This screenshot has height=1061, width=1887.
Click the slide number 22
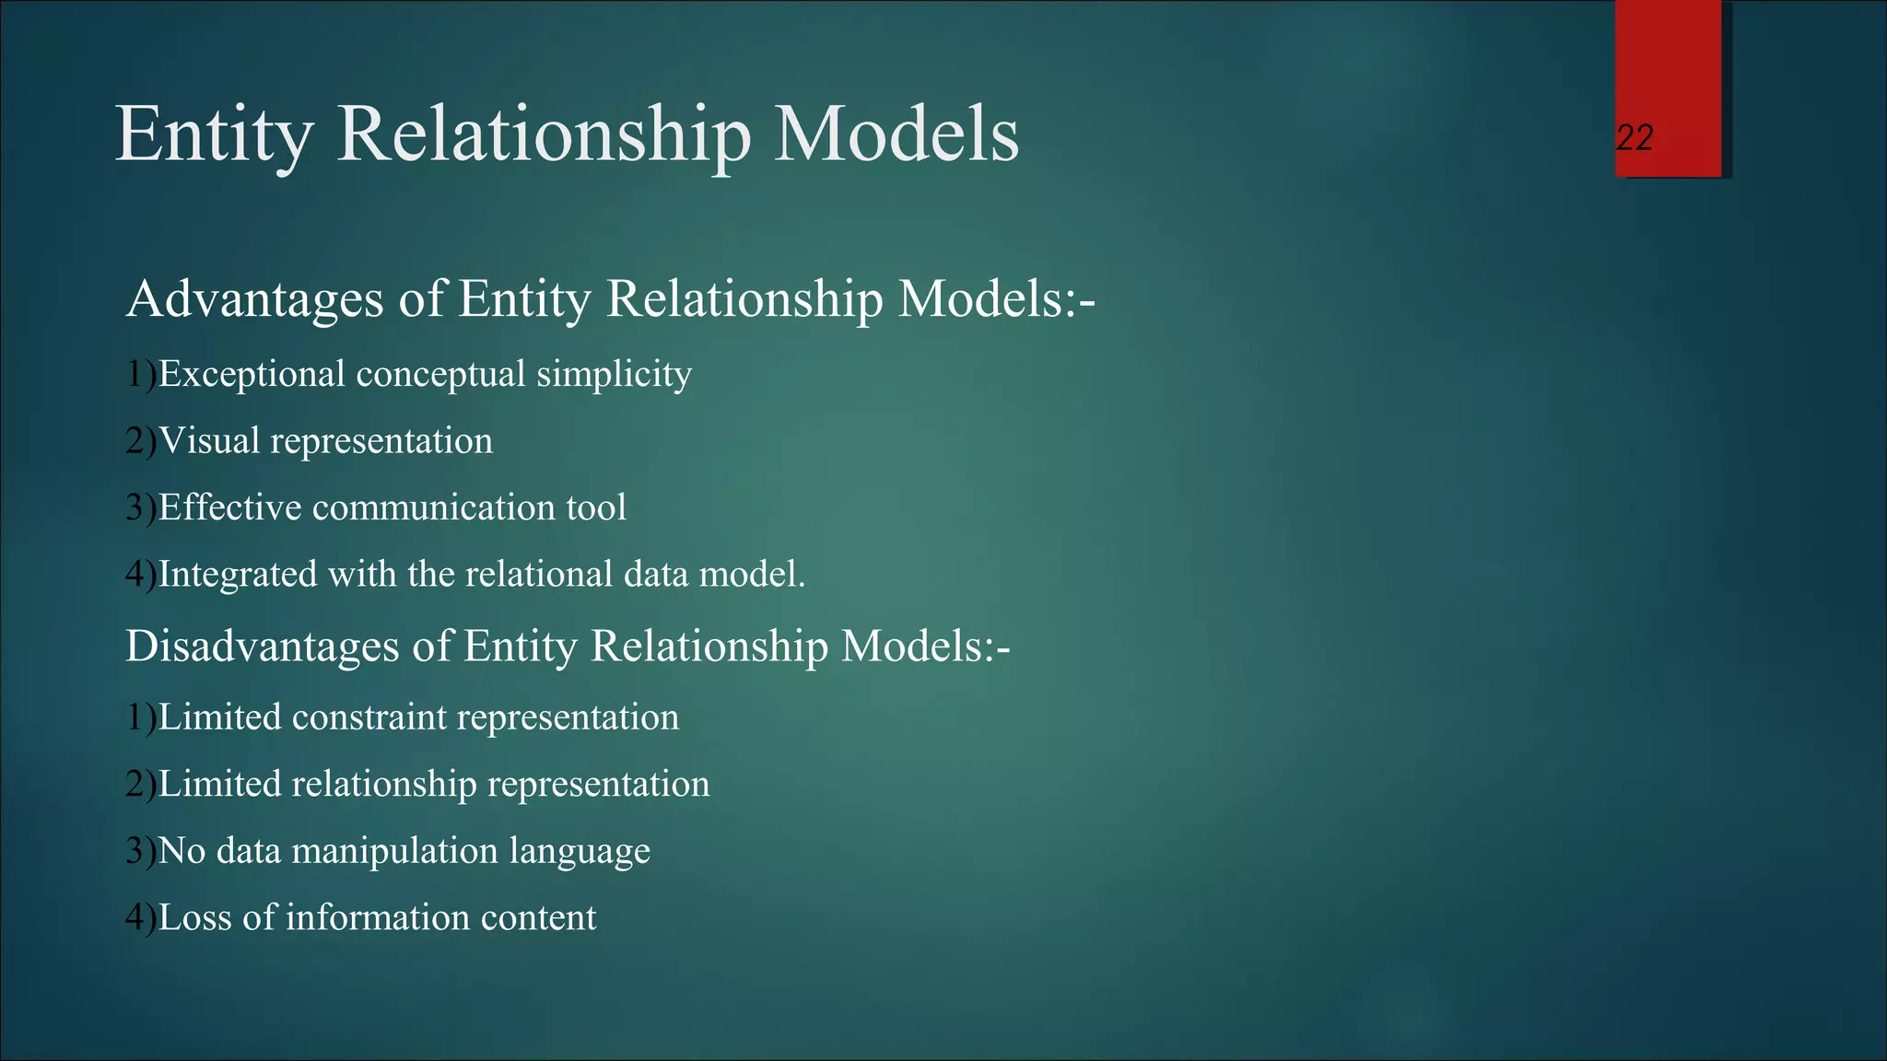(1635, 138)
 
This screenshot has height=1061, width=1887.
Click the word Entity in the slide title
(214, 135)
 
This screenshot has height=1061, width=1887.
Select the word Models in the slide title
(896, 135)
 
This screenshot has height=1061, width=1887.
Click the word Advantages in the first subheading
(254, 299)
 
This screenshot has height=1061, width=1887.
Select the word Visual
(209, 441)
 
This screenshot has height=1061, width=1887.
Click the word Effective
(229, 507)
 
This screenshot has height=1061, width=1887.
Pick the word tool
(596, 507)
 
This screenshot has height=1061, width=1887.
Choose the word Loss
(194, 917)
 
